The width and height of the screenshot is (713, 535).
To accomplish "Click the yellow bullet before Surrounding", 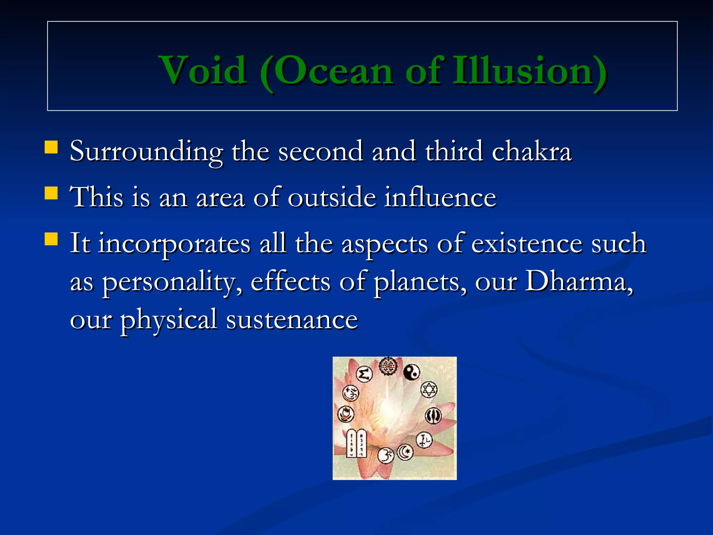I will click(x=51, y=147).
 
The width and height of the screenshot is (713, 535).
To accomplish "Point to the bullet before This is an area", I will click(x=51, y=193).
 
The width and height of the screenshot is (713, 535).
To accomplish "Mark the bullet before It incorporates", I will click(x=51, y=239).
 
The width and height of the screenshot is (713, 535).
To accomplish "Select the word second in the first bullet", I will click(x=320, y=152).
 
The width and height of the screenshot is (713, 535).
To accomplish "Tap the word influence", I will click(x=440, y=197).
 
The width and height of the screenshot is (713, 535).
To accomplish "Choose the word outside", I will click(x=332, y=197).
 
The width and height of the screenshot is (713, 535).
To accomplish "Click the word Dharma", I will click(x=578, y=281).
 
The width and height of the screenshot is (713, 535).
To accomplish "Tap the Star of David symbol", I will click(x=429, y=389).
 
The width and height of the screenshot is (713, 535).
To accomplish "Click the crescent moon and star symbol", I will click(x=405, y=452).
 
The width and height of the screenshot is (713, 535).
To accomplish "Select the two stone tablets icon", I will click(x=356, y=443).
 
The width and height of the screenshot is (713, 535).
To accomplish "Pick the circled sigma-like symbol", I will click(x=365, y=374).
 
